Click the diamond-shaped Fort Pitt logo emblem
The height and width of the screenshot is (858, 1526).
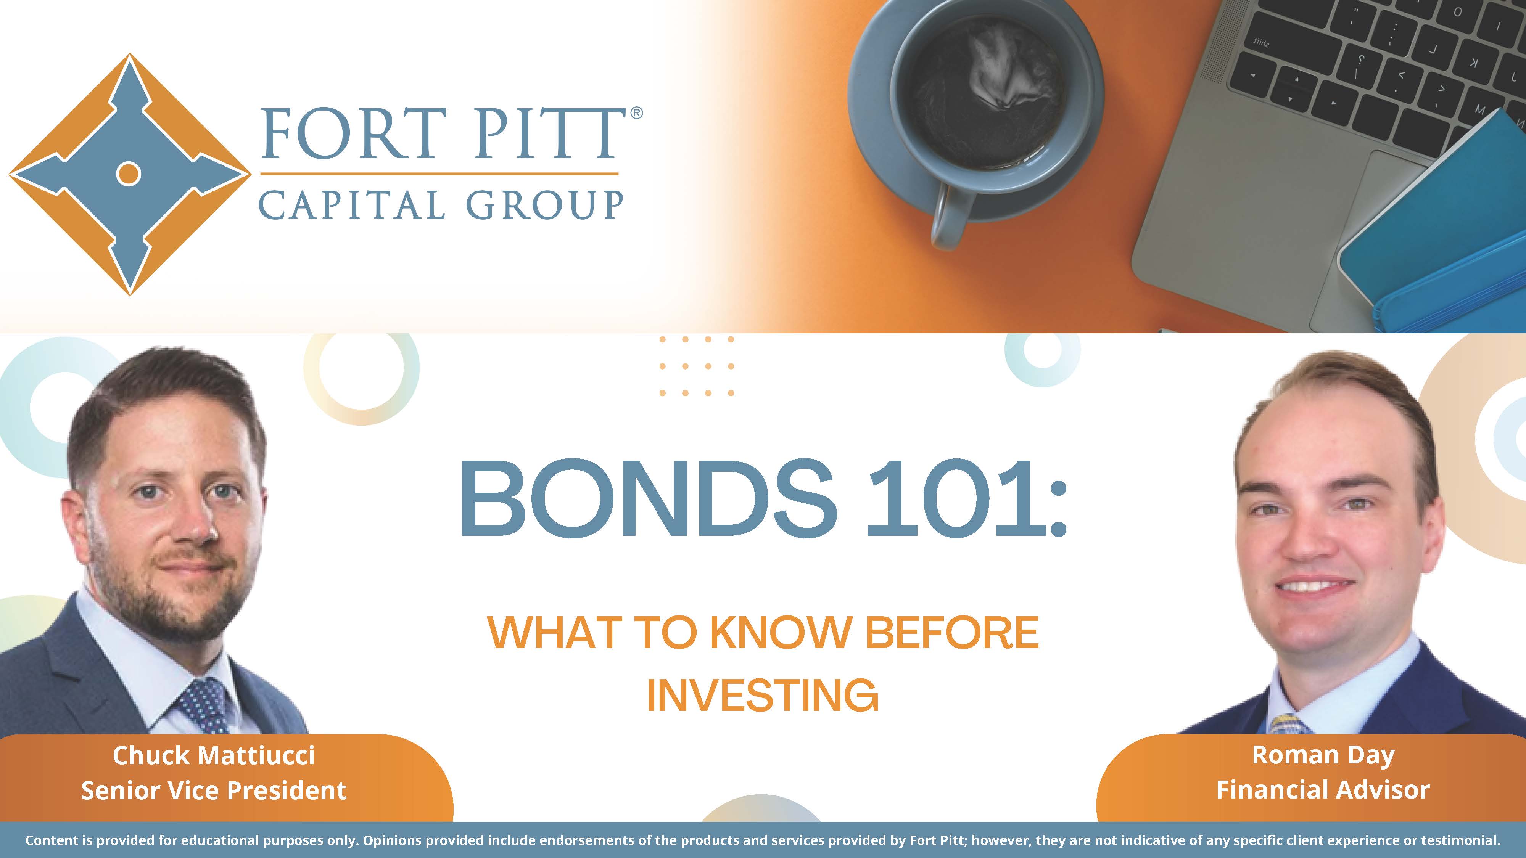click(130, 174)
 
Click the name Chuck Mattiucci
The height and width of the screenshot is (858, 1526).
click(214, 755)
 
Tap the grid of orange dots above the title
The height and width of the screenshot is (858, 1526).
click(697, 366)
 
